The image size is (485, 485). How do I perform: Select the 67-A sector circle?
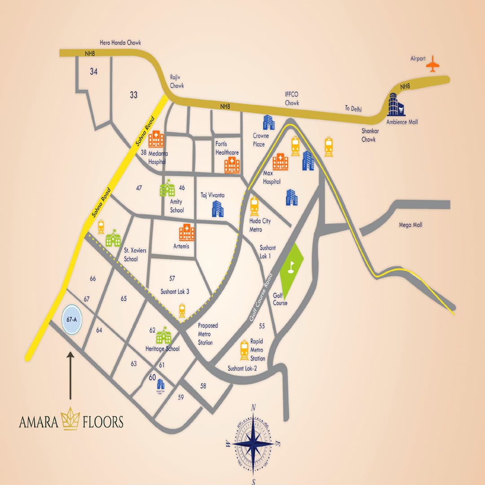pos(71,319)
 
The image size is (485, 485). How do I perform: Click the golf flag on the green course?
pos(291,265)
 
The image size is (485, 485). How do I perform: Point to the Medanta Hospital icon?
pos(156,139)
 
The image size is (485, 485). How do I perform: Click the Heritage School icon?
pos(163,335)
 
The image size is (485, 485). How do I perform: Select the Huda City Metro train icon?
pos(255,207)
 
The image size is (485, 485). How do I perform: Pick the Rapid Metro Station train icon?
pos(244,350)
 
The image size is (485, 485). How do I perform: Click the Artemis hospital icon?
pos(187,232)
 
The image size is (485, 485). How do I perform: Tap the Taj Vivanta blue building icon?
pos(218,208)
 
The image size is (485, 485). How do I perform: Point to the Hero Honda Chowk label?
pos(121,43)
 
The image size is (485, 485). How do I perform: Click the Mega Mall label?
pos(410,225)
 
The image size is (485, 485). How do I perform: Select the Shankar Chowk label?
pos(368,135)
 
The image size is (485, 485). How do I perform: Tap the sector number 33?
pos(133,95)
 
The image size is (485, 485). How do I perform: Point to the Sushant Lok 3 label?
pos(175,291)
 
